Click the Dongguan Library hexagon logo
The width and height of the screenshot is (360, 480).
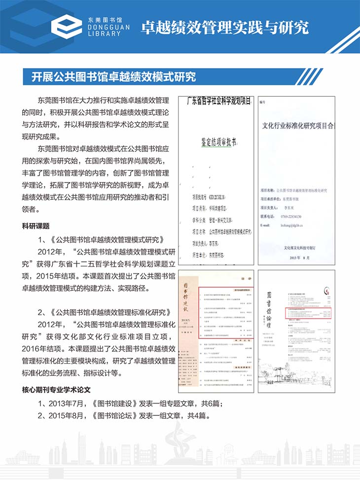click(x=67, y=25)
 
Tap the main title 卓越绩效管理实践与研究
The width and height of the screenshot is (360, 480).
click(x=225, y=27)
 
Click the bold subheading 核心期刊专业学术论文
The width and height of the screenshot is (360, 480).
click(x=62, y=389)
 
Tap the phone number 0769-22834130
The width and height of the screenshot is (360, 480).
click(x=286, y=216)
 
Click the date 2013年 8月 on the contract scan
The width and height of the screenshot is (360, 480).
click(x=295, y=258)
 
